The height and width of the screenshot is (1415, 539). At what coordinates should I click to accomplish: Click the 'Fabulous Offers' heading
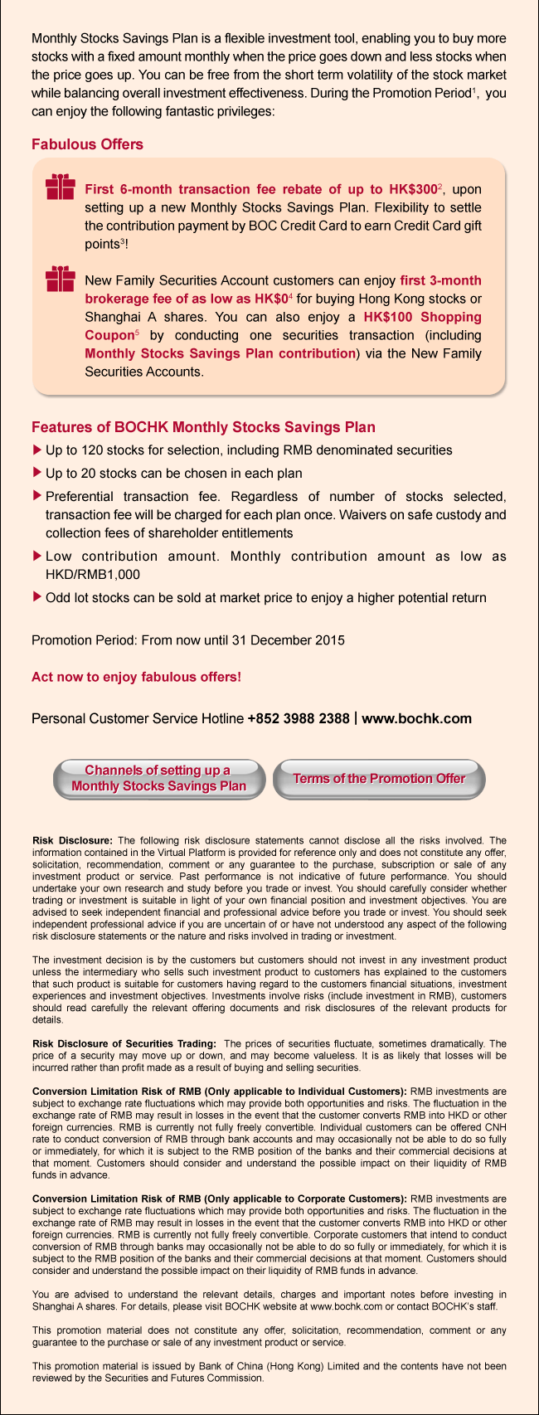coord(87,144)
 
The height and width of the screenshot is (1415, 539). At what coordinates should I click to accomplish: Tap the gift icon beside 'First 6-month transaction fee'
coord(61,188)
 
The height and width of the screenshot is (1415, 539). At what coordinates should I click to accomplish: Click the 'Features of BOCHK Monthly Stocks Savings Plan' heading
coord(203,427)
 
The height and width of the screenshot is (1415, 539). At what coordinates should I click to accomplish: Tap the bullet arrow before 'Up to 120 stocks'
coord(36,450)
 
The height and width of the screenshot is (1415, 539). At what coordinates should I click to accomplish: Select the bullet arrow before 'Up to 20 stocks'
coord(36,473)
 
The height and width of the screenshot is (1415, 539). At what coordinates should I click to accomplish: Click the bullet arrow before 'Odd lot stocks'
coord(36,596)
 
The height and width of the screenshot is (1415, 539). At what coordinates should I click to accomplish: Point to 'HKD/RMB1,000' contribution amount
coord(93,574)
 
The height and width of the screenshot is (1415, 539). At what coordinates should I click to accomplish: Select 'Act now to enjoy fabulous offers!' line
coord(136,677)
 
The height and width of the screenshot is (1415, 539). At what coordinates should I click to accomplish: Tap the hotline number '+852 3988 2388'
coord(299,718)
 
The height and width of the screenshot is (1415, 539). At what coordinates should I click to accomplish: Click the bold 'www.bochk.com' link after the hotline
coord(417,718)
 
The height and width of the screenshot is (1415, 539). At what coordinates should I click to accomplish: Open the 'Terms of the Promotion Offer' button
coord(379,779)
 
